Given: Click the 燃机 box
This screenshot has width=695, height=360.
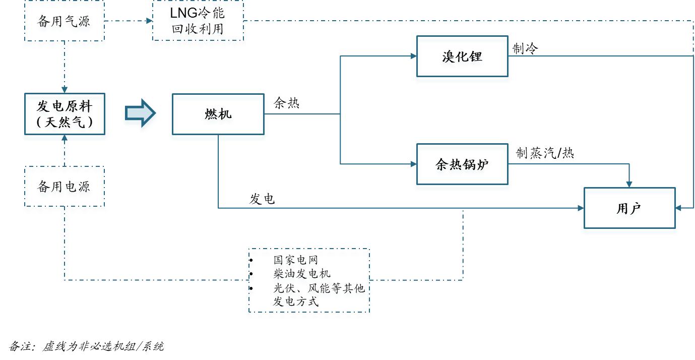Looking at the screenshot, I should (x=218, y=114).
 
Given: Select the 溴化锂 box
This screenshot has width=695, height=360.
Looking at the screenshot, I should (x=462, y=56).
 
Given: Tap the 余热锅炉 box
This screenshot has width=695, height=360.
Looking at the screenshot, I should (x=462, y=164).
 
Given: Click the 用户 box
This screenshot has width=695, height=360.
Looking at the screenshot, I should (x=629, y=208).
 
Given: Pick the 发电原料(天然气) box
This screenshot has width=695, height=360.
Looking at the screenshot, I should (x=65, y=113).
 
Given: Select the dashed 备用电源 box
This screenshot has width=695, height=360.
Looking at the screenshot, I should (x=65, y=187).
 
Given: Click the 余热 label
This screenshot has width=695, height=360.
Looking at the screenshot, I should (x=286, y=103).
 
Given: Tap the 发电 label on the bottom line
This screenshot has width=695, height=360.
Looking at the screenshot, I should (x=262, y=199).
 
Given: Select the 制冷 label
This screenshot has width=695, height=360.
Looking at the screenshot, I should (x=525, y=48).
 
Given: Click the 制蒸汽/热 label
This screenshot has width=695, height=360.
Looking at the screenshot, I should (x=545, y=153).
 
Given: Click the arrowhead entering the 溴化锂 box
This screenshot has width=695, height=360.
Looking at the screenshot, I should (x=413, y=56).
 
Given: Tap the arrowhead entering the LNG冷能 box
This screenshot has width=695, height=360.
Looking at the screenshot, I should (x=149, y=21).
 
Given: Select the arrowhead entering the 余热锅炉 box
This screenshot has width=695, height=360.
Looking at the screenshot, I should (x=413, y=164).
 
